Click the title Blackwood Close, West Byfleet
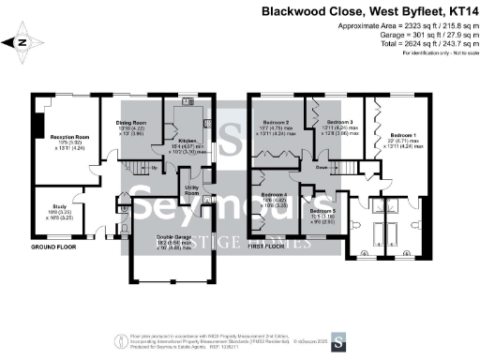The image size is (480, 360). point(366,12)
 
